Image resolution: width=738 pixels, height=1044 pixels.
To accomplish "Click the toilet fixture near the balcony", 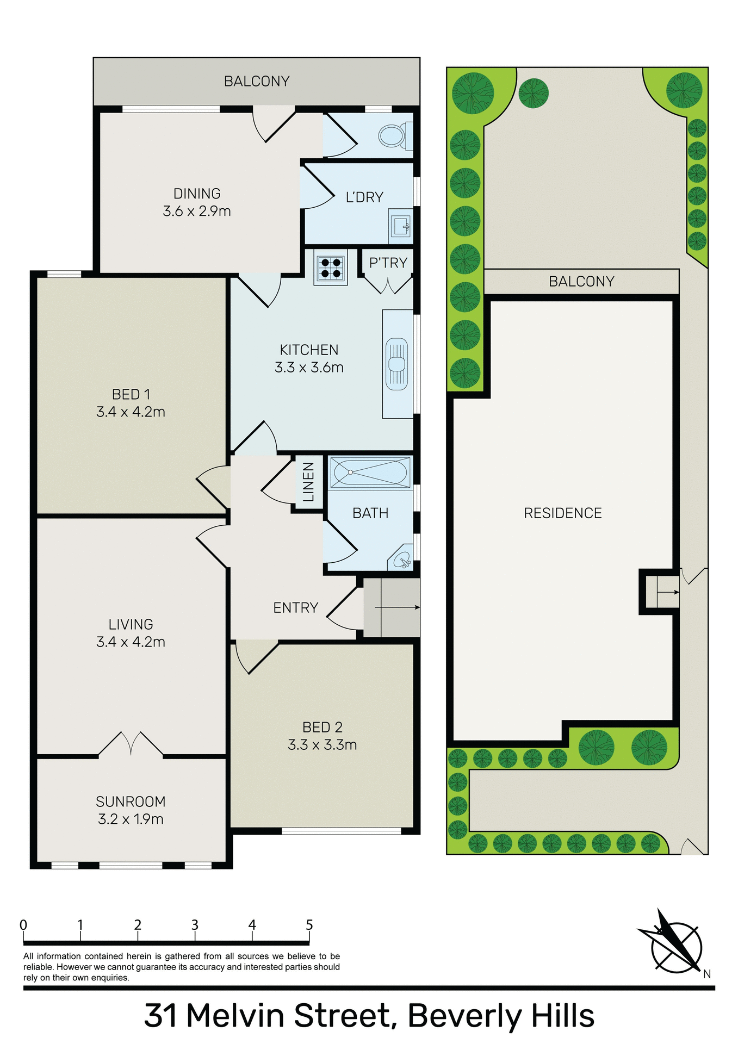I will [x=392, y=135].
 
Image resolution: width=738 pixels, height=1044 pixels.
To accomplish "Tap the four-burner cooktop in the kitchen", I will [x=331, y=268].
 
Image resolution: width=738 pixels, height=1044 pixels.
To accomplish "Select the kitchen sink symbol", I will [x=396, y=364].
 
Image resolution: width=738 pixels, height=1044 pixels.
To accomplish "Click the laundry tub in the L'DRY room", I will [x=401, y=226].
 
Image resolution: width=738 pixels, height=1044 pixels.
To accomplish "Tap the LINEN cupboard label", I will [x=308, y=482].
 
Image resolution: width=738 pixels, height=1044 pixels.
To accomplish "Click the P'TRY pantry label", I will [x=388, y=263].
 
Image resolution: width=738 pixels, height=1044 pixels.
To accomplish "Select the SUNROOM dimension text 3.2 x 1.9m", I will [x=131, y=819].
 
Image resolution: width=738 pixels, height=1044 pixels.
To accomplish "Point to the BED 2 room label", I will [x=323, y=727].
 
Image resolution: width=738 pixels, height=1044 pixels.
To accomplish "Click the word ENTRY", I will [x=295, y=607].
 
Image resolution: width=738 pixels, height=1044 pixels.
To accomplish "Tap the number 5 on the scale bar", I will [x=309, y=925].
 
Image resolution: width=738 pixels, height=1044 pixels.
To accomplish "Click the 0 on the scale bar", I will [x=23, y=925].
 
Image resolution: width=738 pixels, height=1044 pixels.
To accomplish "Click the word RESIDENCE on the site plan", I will [x=563, y=513].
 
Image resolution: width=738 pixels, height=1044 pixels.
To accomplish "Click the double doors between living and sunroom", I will [x=131, y=743].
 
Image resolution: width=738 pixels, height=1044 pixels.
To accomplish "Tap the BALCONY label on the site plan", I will [x=581, y=281].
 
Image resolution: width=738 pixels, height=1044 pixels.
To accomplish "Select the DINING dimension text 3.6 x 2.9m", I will [x=197, y=211].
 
